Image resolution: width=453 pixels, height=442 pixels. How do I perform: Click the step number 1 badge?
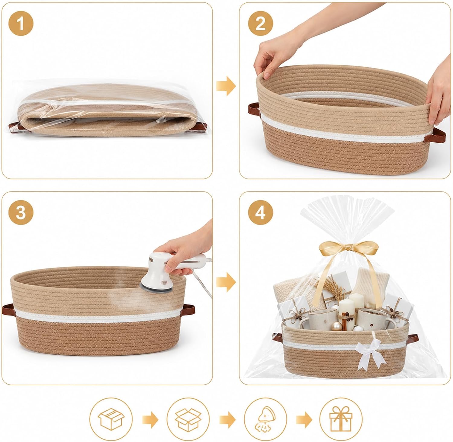point(21,24)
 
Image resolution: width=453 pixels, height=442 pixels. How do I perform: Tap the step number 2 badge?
point(260,24)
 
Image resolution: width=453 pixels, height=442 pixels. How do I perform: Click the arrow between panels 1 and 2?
point(226,86)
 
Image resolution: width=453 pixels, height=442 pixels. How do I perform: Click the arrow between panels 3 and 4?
point(226,282)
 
